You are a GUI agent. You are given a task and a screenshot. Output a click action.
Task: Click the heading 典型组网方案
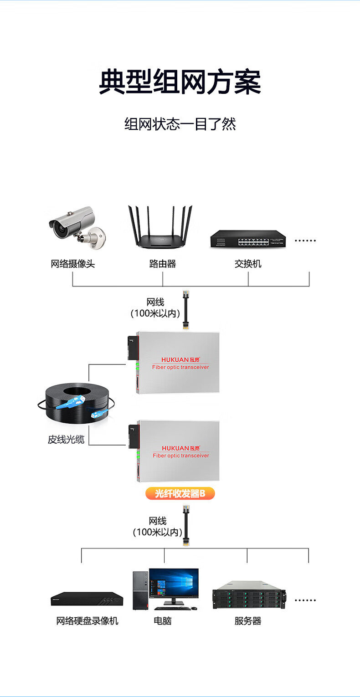[x=180, y=82]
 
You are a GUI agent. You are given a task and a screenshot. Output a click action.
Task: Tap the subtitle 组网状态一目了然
[x=180, y=124]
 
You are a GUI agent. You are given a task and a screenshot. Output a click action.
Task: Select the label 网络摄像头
[x=73, y=264]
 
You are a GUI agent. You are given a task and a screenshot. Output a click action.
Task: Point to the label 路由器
[x=162, y=264]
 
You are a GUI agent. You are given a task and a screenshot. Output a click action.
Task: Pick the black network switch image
[x=248, y=239]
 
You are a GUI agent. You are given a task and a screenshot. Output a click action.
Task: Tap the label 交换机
[x=248, y=264]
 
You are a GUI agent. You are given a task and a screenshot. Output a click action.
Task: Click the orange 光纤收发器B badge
[x=180, y=493]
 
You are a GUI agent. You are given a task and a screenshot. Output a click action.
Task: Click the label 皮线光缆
[x=66, y=440]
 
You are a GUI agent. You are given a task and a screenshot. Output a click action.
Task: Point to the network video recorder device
[x=87, y=600]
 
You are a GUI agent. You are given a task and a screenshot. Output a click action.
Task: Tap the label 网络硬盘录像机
[x=87, y=621]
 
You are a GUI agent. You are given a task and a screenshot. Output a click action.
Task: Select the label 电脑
[x=162, y=621]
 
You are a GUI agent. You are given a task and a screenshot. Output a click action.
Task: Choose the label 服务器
[x=248, y=621]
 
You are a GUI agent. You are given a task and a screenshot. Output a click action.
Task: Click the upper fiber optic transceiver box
[x=178, y=362]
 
